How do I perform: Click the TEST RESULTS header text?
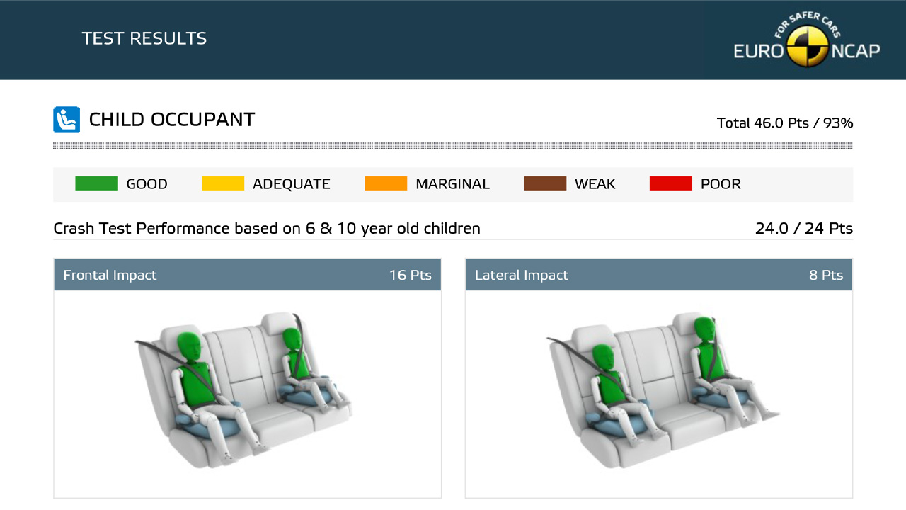(x=144, y=38)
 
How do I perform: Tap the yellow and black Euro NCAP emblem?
(x=808, y=46)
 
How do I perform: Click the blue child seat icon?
(x=67, y=120)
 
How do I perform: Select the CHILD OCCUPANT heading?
(x=172, y=120)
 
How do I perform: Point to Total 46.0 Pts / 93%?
(x=785, y=123)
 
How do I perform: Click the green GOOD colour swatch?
(x=97, y=183)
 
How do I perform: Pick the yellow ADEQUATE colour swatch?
(x=223, y=183)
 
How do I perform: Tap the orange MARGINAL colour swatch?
(x=386, y=183)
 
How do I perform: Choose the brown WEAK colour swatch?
(x=545, y=183)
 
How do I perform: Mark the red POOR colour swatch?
(x=670, y=183)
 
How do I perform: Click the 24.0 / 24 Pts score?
(x=804, y=229)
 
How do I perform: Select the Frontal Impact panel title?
(x=110, y=276)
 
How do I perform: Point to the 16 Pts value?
(x=410, y=276)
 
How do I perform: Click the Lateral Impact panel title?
(x=522, y=276)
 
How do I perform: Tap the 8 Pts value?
(x=826, y=276)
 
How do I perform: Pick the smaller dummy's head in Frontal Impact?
(x=292, y=339)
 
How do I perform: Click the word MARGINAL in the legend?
(x=452, y=183)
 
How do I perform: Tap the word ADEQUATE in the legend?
(x=291, y=183)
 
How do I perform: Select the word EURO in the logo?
(x=759, y=52)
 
